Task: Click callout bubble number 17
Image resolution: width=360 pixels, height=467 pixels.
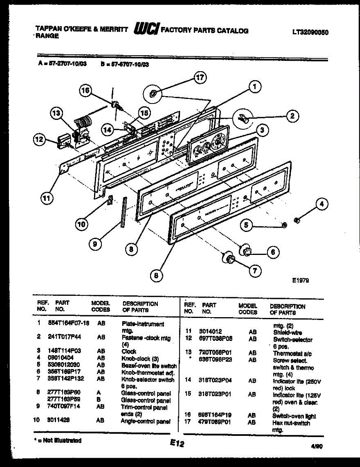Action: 199,78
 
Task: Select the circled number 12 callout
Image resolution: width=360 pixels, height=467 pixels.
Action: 39,139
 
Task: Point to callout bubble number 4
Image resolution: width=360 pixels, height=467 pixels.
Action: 321,204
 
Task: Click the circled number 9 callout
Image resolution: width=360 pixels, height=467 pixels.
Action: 95,244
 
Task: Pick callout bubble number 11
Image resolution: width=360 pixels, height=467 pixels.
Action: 46,198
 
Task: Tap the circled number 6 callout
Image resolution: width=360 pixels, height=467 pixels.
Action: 273,252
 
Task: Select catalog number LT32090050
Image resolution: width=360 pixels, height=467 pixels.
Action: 310,33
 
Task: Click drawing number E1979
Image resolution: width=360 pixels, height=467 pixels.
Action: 301,279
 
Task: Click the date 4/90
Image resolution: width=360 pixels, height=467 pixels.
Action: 317,447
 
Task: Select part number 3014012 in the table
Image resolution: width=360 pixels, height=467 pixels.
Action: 210,332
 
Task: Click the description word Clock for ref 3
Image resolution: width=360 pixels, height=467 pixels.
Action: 129,351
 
